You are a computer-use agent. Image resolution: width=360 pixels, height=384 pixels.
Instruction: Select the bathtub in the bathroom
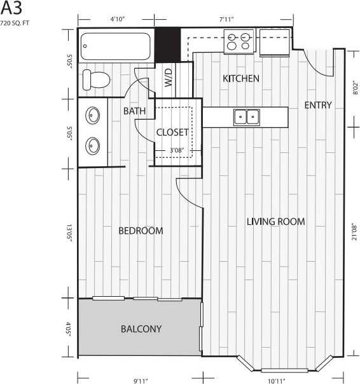(x=116, y=45)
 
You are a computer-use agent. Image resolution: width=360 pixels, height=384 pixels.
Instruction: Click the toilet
(x=97, y=80)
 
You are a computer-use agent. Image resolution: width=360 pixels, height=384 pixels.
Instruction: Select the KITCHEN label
(x=240, y=79)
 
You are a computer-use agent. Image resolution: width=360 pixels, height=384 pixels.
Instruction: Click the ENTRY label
(x=317, y=105)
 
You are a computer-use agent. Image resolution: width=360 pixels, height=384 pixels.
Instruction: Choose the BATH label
(x=134, y=111)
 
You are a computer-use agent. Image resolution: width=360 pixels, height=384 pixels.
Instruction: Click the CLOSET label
(x=172, y=132)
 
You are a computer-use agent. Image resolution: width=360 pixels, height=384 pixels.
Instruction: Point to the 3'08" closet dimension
(x=177, y=151)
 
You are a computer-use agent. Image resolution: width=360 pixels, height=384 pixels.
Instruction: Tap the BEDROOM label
(x=141, y=231)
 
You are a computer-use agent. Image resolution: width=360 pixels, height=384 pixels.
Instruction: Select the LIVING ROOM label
(x=275, y=222)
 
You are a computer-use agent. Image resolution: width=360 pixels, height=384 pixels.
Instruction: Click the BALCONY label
(x=141, y=329)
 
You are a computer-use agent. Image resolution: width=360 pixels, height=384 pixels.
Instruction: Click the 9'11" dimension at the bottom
(x=141, y=380)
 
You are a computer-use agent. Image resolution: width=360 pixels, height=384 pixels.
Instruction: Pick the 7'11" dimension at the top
(x=228, y=20)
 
